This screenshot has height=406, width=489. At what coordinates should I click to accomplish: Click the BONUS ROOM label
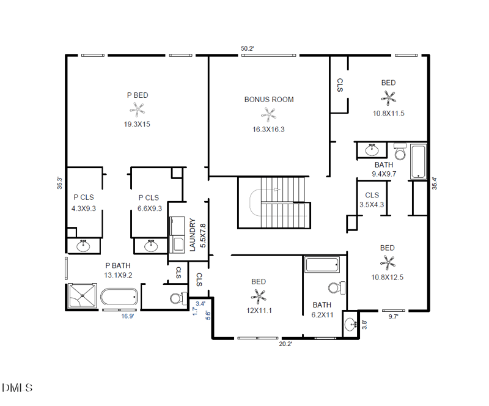[x=269, y=100]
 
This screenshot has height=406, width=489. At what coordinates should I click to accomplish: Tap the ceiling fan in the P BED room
[x=137, y=109]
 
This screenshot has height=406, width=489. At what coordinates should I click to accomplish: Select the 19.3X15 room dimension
[x=137, y=124]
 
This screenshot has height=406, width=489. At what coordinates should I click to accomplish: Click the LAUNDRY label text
[x=193, y=235]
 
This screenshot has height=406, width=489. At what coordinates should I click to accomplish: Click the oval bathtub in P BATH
[x=119, y=297]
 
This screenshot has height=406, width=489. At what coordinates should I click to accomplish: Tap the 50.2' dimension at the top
[x=248, y=48]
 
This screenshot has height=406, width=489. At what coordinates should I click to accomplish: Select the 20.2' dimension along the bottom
[x=285, y=344]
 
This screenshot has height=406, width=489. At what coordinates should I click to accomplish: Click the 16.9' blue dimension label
[x=128, y=316]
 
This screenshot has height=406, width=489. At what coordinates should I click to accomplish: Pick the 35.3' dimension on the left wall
[x=59, y=183]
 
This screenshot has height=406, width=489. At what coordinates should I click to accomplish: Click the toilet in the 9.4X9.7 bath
[x=400, y=152]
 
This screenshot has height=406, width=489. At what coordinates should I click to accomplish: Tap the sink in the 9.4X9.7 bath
[x=372, y=150]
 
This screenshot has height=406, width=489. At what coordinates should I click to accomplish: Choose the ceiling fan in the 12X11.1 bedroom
[x=259, y=296]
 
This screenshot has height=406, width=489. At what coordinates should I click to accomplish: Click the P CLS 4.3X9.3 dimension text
[x=84, y=209]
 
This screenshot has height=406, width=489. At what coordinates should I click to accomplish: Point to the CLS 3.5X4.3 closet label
[x=372, y=200]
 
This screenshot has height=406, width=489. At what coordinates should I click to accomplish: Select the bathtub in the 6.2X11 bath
[x=323, y=265]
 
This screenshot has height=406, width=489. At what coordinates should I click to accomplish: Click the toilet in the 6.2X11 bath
[x=337, y=288]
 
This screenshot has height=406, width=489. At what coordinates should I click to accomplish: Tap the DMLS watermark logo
[x=18, y=388]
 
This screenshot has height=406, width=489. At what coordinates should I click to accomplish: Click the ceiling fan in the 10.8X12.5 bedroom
[x=388, y=262]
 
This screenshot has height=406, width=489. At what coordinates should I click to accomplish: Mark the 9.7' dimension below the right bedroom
[x=393, y=317]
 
